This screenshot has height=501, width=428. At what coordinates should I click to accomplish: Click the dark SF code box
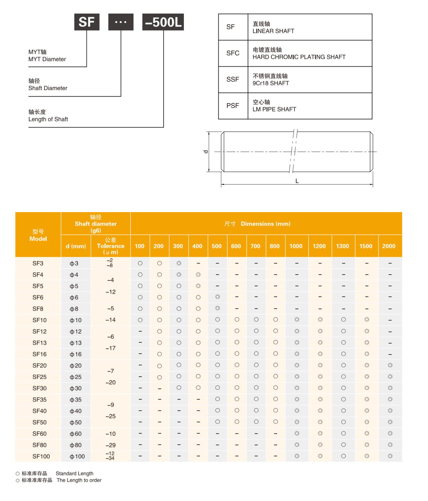coord(87,22)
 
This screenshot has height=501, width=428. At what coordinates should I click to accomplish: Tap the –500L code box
coord(163,22)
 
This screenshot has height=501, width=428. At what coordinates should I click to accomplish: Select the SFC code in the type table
coord(233,53)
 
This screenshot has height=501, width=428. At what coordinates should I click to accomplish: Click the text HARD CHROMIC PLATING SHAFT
coord(299,57)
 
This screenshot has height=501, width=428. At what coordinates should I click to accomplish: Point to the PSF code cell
coord(233,106)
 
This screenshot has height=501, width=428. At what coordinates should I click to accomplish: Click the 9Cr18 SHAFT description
coord(270,83)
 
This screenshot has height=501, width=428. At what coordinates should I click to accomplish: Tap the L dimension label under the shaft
coord(297,181)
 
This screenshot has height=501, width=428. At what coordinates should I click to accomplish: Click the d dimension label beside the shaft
coord(206,152)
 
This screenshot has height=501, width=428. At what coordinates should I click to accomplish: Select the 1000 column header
coord(296,246)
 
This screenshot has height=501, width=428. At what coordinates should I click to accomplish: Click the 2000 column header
coord(389,246)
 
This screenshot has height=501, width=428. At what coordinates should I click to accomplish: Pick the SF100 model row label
coord(41,456)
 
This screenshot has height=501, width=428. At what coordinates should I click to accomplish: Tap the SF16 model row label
coord(39,354)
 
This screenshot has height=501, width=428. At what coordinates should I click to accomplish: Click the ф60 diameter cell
coord(75,434)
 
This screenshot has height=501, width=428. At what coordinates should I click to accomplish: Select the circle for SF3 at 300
coord(179,263)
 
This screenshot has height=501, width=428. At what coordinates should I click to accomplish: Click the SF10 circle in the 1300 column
coord(343,319)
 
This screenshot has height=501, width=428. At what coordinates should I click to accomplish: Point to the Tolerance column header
coord(111,246)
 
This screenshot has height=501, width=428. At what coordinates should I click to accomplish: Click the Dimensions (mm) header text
coord(265,224)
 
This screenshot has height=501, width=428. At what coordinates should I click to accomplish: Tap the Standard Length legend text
coord(74,473)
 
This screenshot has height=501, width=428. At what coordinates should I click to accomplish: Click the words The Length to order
coord(79,480)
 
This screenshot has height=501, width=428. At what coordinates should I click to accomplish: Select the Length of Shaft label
coord(48,119)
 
